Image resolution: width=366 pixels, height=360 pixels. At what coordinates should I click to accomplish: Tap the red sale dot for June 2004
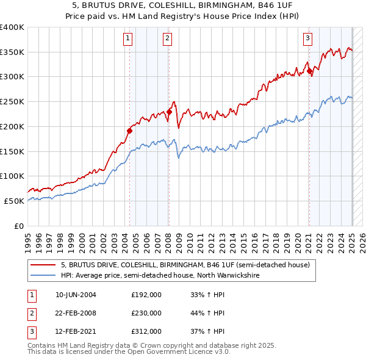point(130,130)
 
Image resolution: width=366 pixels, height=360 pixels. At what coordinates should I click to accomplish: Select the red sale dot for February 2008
point(169,112)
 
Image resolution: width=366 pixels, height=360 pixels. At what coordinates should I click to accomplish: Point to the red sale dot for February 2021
point(309,71)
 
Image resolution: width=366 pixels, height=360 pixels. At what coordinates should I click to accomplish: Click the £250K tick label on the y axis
point(12,102)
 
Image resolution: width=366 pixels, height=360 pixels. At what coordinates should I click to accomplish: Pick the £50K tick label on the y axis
point(15,201)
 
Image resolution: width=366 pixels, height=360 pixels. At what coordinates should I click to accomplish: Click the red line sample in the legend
point(43,265)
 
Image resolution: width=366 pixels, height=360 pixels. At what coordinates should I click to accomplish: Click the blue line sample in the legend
point(43,275)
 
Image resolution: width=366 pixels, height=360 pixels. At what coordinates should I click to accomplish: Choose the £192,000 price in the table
point(146,295)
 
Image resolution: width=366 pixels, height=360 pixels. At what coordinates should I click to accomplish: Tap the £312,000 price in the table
point(146,331)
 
